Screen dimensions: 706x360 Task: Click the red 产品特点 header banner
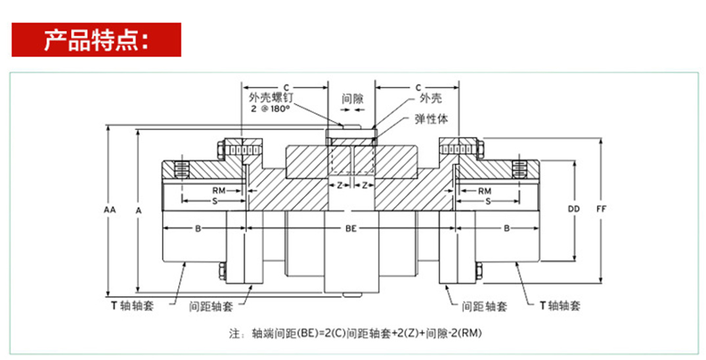click(97, 39)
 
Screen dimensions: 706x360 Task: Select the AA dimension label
click(110, 210)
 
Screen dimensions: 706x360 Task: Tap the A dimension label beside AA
click(139, 210)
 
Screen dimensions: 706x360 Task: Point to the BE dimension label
click(351, 229)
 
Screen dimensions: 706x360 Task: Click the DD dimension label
click(573, 209)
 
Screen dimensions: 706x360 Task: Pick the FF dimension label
click(601, 209)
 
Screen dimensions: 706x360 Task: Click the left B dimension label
click(198, 229)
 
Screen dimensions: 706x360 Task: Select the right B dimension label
click(506, 229)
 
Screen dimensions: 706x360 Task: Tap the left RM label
click(219, 191)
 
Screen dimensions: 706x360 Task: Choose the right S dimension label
click(488, 201)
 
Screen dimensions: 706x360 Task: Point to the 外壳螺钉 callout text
click(271, 98)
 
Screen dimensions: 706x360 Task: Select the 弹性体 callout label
click(431, 119)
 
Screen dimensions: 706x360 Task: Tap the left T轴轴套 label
click(133, 305)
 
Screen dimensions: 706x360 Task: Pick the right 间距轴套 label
click(485, 307)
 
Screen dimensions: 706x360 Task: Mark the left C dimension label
click(286, 87)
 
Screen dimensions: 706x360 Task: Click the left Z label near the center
click(340, 185)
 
